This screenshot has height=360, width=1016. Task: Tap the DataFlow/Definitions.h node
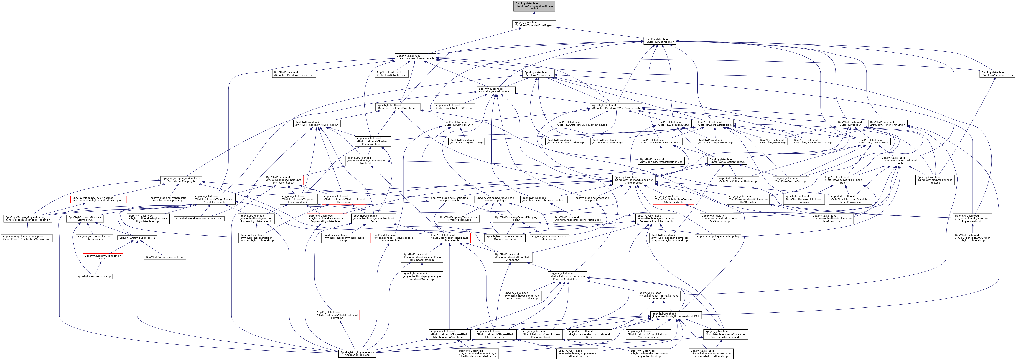click(660, 40)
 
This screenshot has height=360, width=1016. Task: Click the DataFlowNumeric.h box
click(415, 57)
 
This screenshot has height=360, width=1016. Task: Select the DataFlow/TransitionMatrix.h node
click(887, 124)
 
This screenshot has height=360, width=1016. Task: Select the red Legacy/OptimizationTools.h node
click(103, 257)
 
